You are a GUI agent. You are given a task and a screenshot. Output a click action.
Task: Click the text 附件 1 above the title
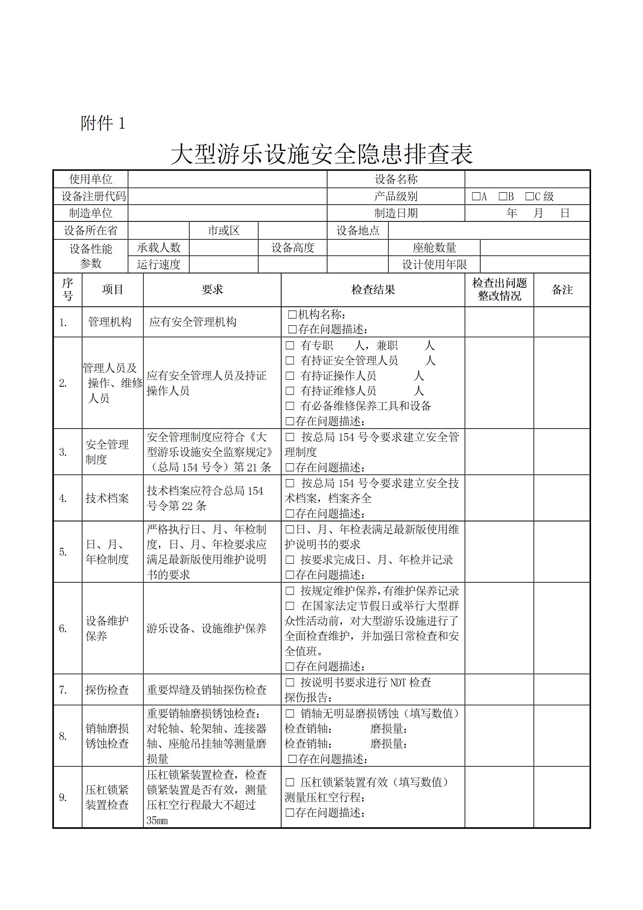[103, 123]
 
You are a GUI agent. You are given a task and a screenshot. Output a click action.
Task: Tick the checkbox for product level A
[476, 196]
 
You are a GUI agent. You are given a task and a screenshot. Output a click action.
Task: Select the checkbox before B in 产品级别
[502, 196]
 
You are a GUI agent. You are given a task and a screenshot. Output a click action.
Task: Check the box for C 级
[529, 196]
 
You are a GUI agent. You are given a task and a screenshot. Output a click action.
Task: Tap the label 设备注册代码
[94, 196]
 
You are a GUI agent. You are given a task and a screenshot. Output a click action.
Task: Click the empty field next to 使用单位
[227, 179]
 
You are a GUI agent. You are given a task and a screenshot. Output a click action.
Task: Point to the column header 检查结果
[373, 290]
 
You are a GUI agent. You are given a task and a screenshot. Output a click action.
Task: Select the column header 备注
[562, 290]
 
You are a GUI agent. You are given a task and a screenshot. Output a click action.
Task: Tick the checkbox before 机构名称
[292, 315]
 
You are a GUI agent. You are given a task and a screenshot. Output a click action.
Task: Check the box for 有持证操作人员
[290, 375]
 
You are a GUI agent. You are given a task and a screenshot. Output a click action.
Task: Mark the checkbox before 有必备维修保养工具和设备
[290, 406]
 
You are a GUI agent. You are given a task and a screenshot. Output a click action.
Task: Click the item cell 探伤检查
[107, 690]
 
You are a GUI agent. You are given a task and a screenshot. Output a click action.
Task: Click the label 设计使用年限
[434, 264]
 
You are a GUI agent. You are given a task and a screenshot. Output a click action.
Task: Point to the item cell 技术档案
[107, 498]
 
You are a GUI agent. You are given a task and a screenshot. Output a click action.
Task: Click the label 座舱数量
[434, 248]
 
